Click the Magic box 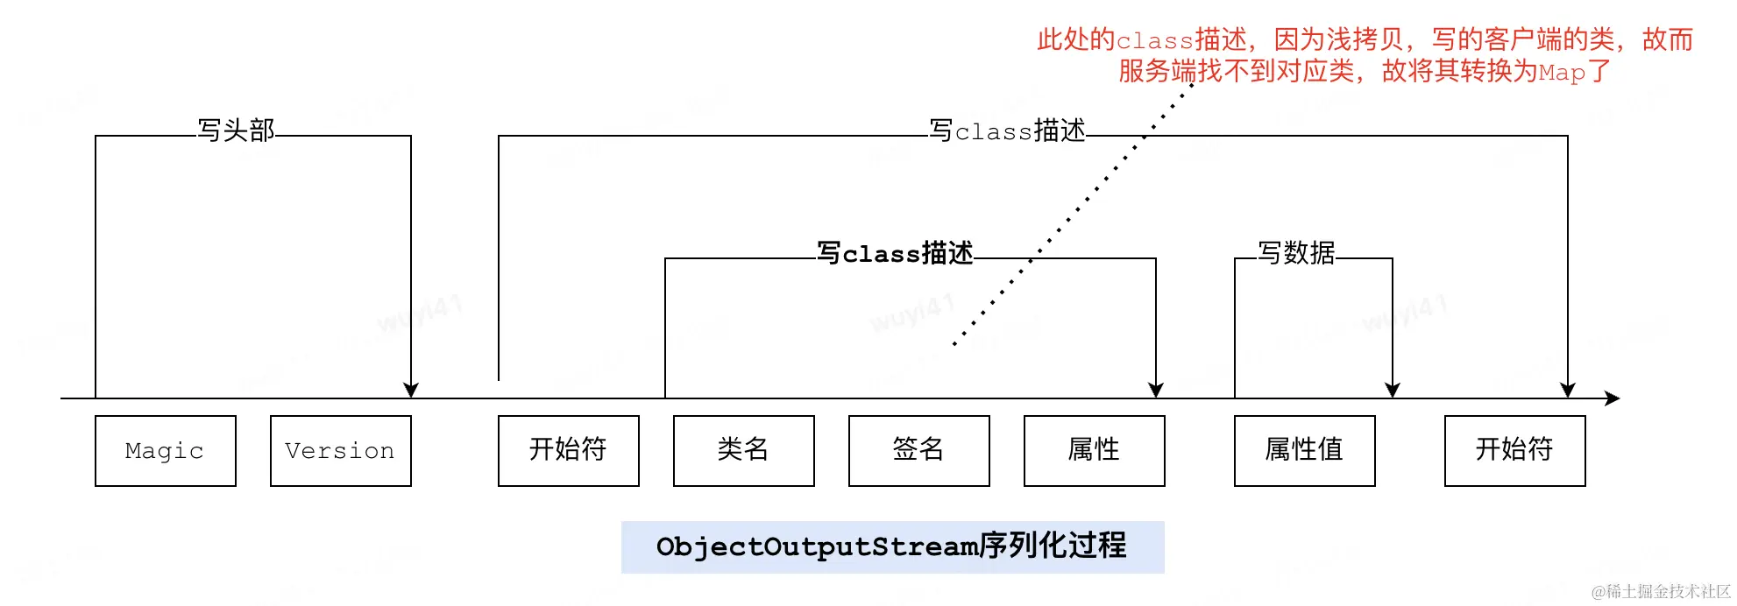point(165,451)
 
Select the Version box point(340,451)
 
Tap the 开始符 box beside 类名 point(568,451)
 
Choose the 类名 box point(743,451)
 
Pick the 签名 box point(918,451)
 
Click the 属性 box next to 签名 point(1094,451)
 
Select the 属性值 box point(1304,451)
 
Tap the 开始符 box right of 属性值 point(1514,451)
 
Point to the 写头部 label point(236,130)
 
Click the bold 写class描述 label point(895,253)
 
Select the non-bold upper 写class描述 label point(1007,130)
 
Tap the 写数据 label point(1296,253)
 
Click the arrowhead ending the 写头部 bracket point(411,391)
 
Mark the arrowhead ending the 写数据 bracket point(1393,391)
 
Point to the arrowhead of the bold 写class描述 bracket point(1156,391)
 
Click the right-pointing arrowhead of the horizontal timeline point(1613,398)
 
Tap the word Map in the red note point(1562,72)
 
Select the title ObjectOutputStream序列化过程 point(892,546)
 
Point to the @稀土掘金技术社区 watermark point(1661,592)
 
